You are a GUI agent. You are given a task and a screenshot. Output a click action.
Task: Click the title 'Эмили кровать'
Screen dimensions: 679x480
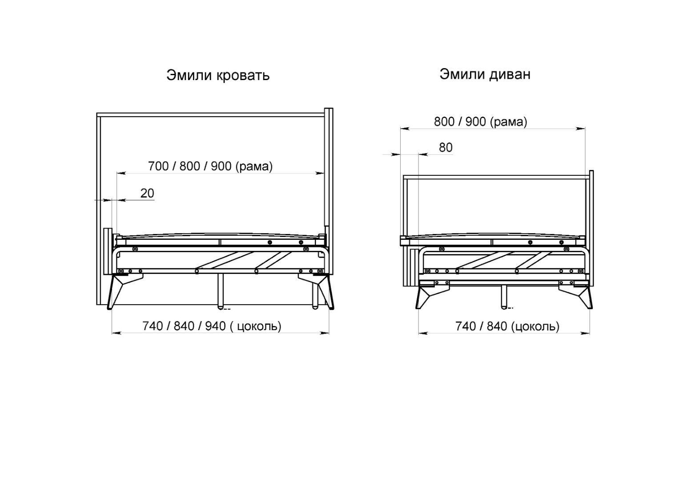pyautogui.click(x=217, y=75)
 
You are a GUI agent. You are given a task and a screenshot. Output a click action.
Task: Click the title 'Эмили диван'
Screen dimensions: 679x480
pyautogui.click(x=485, y=74)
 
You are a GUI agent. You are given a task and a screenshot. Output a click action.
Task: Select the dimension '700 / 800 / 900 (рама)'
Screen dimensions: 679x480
pyautogui.click(x=210, y=166)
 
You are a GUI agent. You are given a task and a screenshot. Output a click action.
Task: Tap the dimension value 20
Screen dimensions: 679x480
pyautogui.click(x=147, y=193)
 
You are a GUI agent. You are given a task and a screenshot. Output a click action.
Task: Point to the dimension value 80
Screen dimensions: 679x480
pyautogui.click(x=446, y=147)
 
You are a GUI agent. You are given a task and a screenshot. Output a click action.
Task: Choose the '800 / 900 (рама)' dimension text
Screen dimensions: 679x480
pyautogui.click(x=480, y=121)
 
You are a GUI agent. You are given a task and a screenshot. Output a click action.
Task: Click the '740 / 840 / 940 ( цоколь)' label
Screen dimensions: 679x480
pyautogui.click(x=212, y=326)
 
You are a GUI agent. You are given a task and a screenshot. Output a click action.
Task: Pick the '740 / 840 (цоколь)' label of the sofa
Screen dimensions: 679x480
pyautogui.click(x=507, y=326)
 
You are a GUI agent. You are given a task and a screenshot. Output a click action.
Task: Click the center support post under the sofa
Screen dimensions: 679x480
pyautogui.click(x=504, y=298)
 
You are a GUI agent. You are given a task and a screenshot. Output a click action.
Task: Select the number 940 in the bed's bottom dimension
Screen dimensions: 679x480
pyautogui.click(x=216, y=326)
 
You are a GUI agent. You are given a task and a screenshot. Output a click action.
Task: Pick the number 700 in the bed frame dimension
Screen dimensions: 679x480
pyautogui.click(x=158, y=166)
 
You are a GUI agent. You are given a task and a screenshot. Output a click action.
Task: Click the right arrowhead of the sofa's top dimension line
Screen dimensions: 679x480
pyautogui.click(x=580, y=129)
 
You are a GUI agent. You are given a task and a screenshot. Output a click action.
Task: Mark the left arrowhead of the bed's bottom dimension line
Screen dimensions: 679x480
pyautogui.click(x=117, y=333)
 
